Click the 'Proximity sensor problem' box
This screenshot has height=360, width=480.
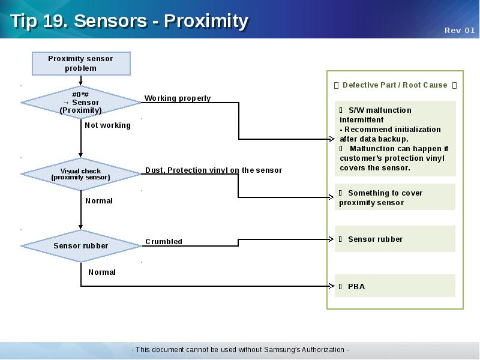(81, 64)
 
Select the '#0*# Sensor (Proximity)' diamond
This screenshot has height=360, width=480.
(81, 102)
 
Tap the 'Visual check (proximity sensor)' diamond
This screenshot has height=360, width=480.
(81, 174)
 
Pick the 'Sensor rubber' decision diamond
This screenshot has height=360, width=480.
(81, 245)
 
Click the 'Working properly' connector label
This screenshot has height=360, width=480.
(178, 98)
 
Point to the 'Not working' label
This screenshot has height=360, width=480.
(107, 125)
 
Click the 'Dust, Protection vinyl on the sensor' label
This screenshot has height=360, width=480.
(214, 170)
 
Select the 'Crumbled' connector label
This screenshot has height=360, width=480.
(164, 242)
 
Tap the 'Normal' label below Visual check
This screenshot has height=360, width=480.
(99, 201)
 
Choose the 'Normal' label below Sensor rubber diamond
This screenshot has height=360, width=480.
(102, 272)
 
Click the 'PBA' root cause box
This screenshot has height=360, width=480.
(395, 286)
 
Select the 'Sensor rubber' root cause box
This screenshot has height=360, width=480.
(395, 239)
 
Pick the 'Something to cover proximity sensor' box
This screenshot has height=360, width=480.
(395, 197)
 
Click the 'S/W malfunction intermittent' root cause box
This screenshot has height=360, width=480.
(395, 139)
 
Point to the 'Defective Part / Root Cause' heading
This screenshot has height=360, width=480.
(395, 85)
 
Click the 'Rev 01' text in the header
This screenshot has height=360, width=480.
(460, 31)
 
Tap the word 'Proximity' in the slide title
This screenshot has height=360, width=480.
(206, 21)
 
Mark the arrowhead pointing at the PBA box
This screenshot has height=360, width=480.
(332, 286)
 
